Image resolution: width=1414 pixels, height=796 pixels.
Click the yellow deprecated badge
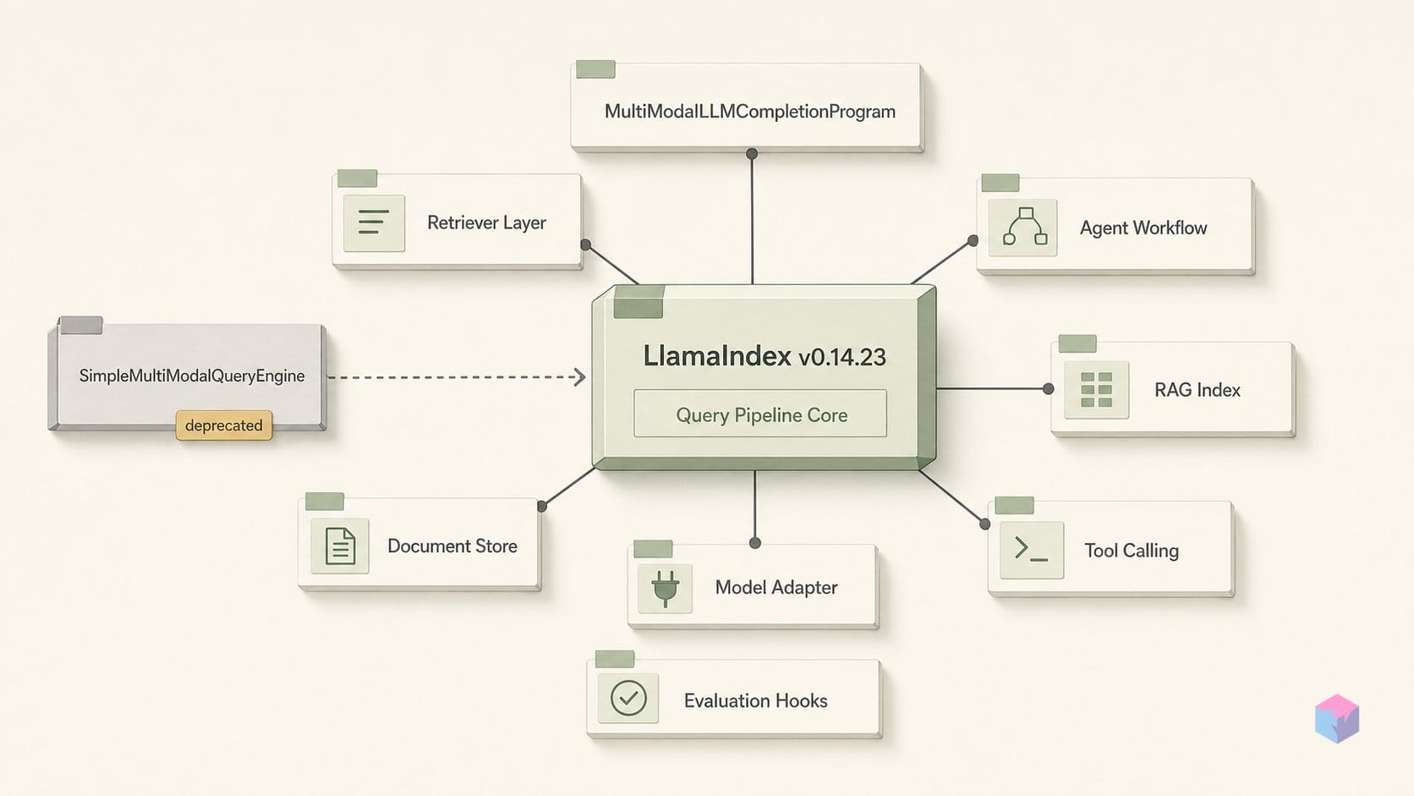(224, 425)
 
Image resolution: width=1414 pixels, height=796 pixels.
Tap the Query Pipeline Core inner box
(760, 414)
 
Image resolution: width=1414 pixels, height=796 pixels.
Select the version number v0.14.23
(842, 357)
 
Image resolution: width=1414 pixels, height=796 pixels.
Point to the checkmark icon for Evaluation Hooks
(628, 698)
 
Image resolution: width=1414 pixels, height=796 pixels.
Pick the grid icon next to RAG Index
(1097, 389)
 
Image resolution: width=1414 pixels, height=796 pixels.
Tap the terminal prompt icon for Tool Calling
(1031, 549)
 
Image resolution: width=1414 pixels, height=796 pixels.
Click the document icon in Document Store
(340, 546)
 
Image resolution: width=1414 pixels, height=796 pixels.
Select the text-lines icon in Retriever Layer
(374, 222)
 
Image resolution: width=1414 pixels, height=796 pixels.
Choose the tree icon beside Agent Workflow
(1025, 227)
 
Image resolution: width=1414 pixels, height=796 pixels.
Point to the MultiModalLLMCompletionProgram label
(750, 112)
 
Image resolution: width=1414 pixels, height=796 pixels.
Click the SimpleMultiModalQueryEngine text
(192, 376)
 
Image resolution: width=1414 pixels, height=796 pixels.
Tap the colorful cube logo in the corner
(1337, 718)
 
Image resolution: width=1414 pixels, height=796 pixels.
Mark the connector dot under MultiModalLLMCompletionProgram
(751, 153)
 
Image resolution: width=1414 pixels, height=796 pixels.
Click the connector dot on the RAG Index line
(1048, 389)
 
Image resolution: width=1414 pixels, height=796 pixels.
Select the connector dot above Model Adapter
(755, 543)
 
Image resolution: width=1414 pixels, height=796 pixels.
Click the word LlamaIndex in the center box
(717, 356)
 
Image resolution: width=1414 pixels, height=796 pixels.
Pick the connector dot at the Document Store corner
(541, 506)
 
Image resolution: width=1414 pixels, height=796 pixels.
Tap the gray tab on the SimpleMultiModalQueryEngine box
(81, 325)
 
